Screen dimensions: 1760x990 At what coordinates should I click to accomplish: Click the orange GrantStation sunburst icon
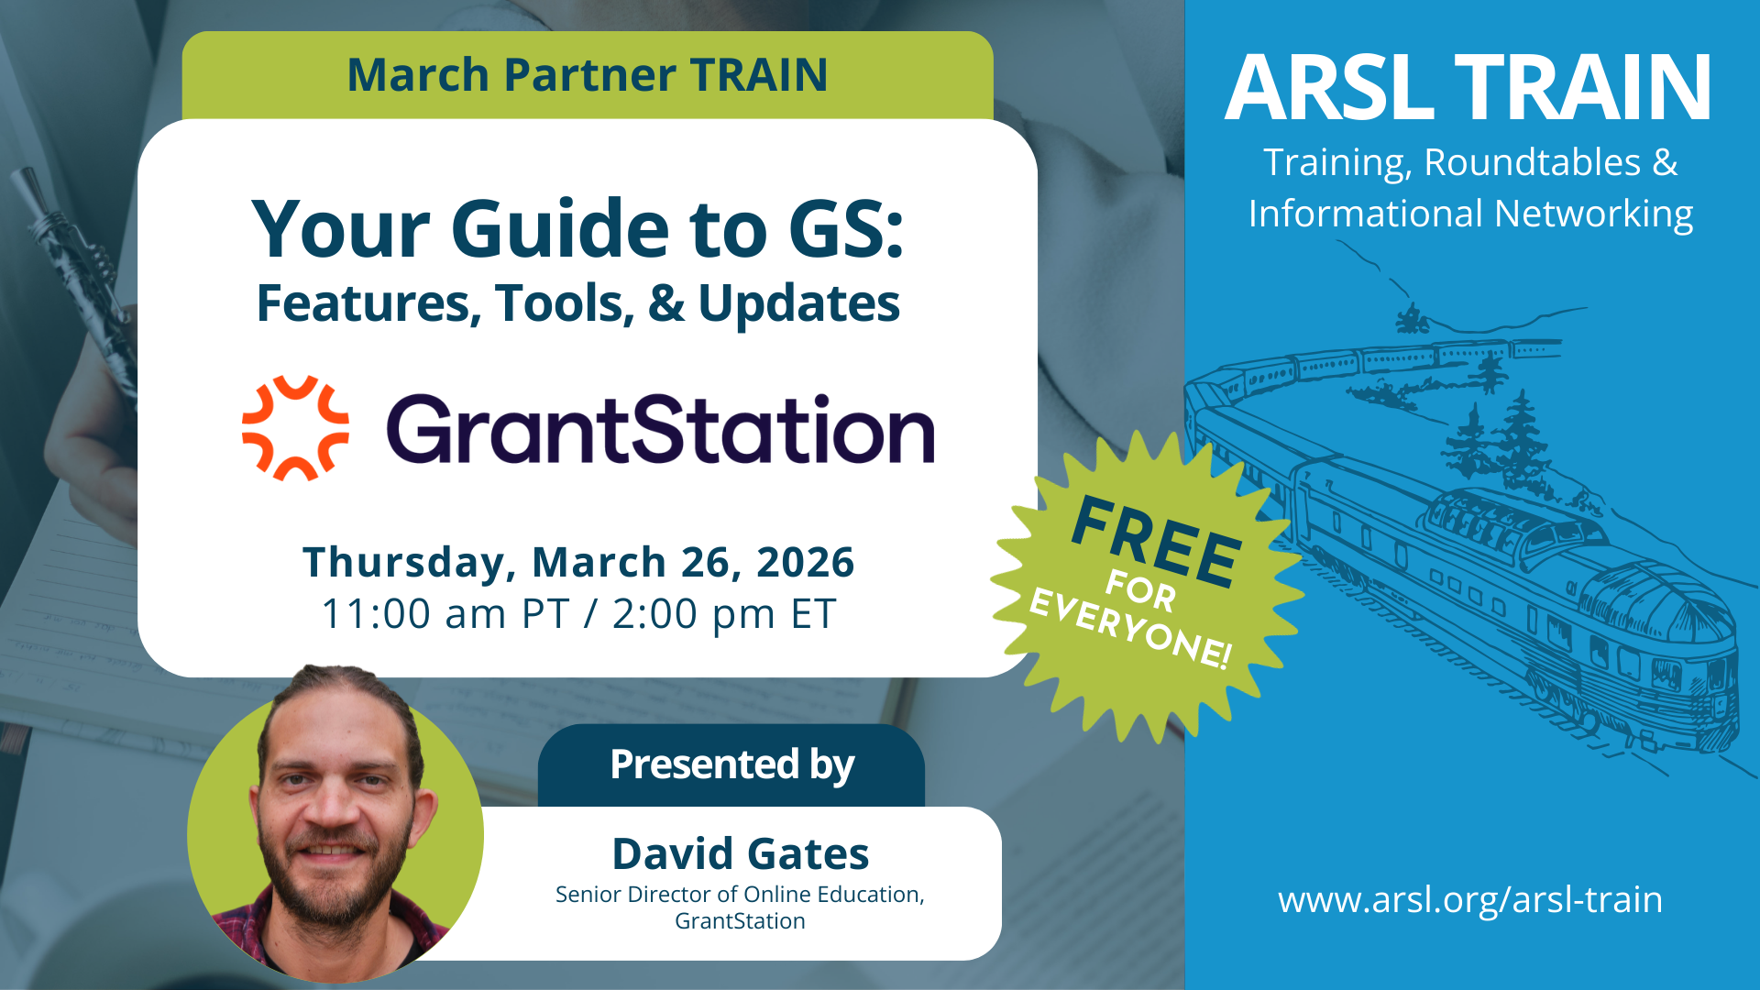(295, 428)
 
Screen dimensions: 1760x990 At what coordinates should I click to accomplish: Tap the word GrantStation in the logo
(660, 428)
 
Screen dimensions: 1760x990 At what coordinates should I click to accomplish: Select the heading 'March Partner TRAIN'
(588, 74)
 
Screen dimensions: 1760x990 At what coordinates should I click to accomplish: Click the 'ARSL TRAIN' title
(1468, 87)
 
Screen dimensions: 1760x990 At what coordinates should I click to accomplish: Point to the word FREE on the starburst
(1157, 541)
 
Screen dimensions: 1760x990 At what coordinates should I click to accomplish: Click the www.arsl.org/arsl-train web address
(1470, 900)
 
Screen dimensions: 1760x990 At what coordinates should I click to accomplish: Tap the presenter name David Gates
(741, 853)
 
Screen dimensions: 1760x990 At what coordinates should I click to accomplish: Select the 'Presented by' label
(731, 764)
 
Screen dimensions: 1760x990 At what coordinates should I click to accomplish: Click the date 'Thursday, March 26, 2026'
(578, 562)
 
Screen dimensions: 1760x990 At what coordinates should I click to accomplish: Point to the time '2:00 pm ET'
(724, 614)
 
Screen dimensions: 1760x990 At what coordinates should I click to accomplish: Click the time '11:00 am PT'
(445, 614)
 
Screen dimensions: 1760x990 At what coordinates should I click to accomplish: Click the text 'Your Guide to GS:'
(578, 229)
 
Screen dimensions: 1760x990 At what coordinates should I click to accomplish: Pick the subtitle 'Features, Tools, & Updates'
(578, 303)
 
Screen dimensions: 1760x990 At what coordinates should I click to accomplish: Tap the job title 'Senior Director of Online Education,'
(741, 895)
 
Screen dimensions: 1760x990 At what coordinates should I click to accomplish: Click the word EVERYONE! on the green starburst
(1131, 630)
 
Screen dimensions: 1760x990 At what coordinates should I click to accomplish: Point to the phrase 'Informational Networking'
(1470, 214)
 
